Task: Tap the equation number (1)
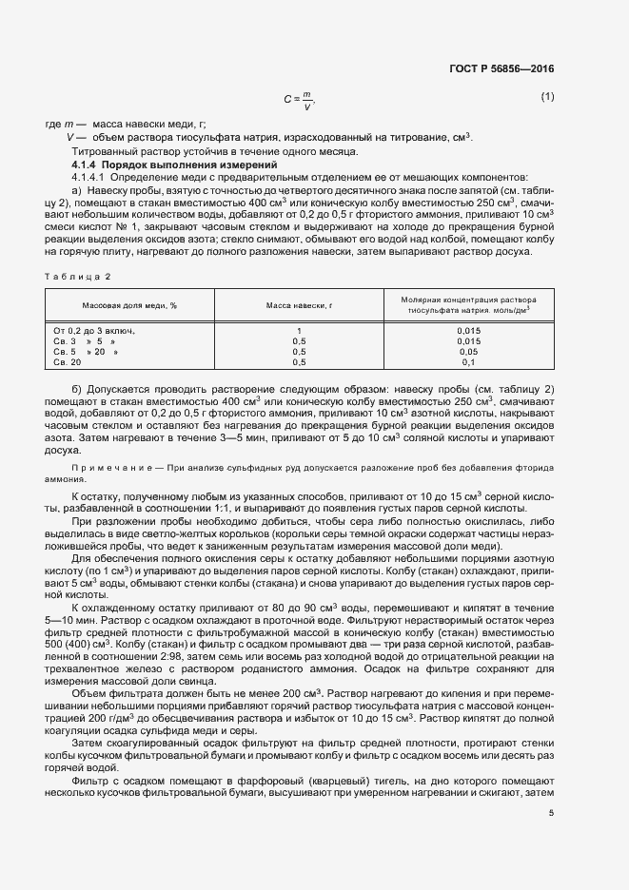547,97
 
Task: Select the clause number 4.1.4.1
92,178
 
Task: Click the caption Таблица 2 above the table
78,276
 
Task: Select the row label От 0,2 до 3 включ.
95,330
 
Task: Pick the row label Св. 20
69,362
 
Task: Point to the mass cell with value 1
299,330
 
